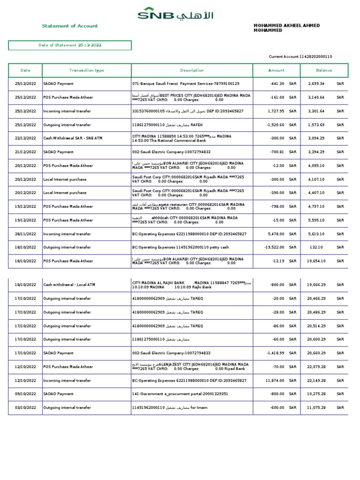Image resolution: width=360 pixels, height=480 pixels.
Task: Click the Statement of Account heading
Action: [x=70, y=26]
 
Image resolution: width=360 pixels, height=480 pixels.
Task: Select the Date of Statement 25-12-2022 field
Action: [x=70, y=45]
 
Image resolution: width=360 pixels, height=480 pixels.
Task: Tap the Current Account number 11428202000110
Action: [x=300, y=57]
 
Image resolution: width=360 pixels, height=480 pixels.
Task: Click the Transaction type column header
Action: [x=87, y=70]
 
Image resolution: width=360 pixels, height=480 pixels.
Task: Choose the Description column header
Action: [x=192, y=70]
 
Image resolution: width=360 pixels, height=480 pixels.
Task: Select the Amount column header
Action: [x=276, y=70]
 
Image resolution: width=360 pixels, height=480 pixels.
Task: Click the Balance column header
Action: [x=324, y=70]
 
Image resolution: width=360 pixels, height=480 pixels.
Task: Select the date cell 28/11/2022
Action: [x=25, y=233]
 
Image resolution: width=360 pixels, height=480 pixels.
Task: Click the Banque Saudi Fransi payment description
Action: [x=186, y=84]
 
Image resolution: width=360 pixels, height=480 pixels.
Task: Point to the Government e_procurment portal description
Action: [x=180, y=394]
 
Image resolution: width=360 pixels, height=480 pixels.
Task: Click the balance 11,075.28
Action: [x=316, y=408]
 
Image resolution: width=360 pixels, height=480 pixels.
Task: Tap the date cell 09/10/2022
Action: [x=25, y=394]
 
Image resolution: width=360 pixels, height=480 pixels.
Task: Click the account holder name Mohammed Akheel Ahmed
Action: [x=286, y=28]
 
